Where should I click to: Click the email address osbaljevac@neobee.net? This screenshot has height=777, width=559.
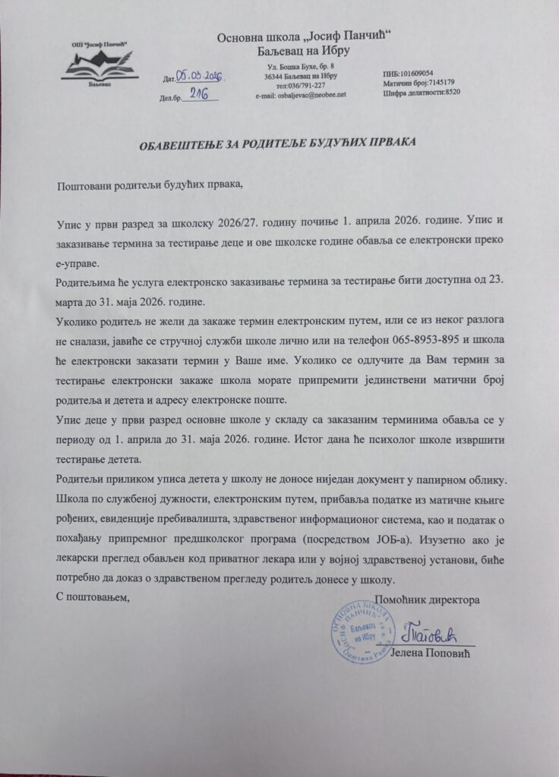coord(302,95)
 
